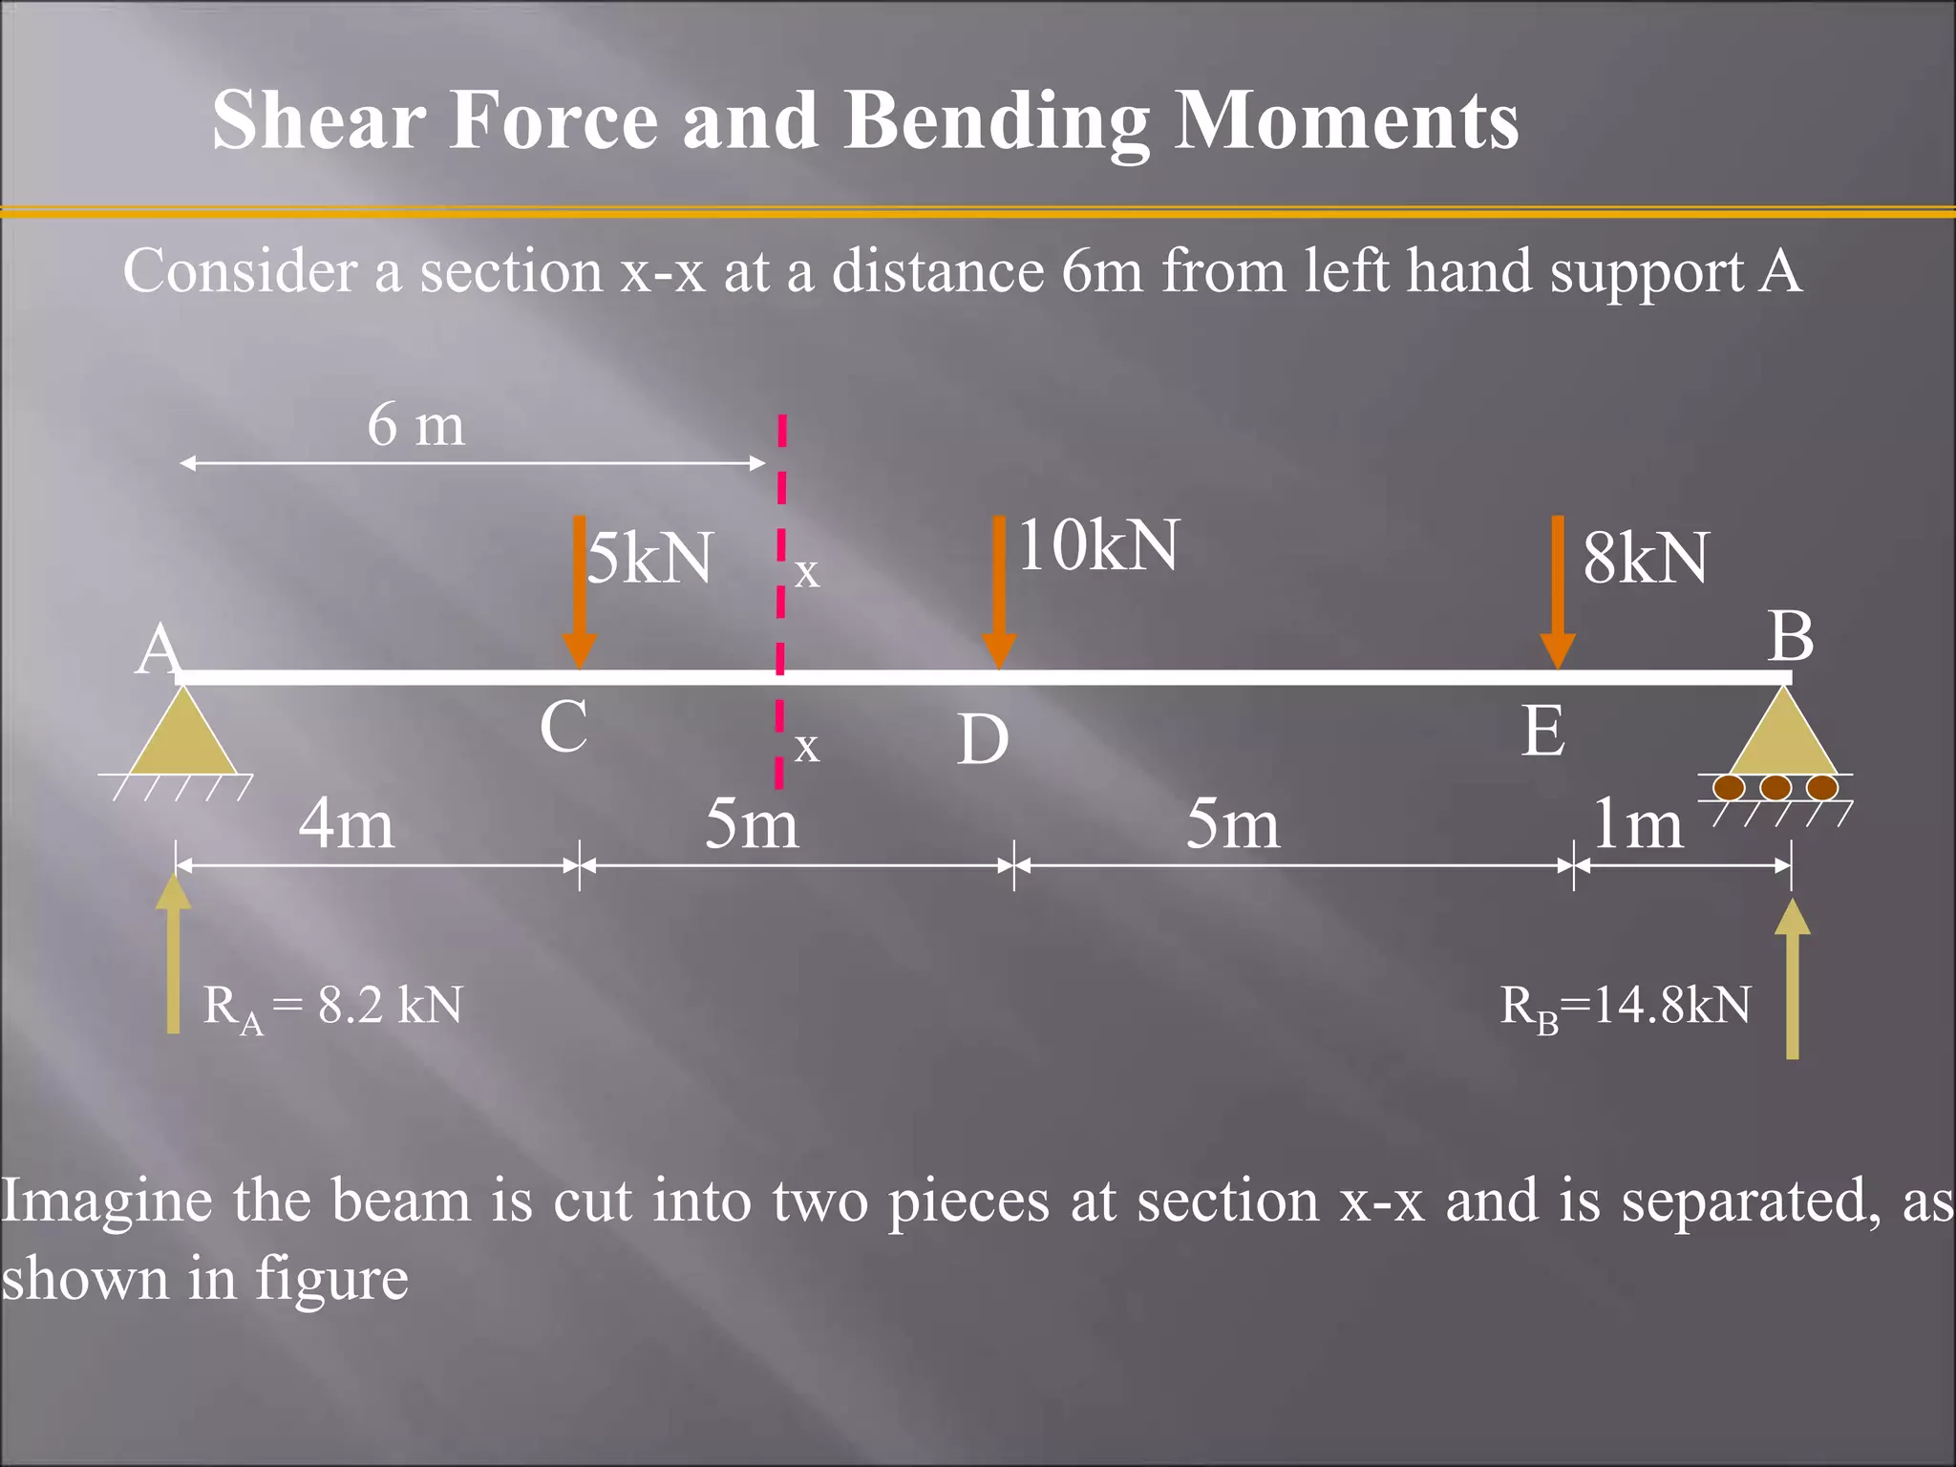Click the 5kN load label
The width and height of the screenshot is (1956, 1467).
tap(649, 558)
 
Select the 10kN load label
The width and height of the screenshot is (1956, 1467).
tap(1098, 545)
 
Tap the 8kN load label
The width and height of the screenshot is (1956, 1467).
tap(1646, 558)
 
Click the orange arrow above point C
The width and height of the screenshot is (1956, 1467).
tap(579, 592)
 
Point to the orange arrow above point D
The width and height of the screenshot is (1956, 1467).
tap(999, 592)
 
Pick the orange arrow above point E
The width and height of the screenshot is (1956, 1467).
tap(1558, 592)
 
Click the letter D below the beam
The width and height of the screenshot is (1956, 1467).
tap(983, 740)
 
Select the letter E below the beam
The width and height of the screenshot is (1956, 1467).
tap(1543, 732)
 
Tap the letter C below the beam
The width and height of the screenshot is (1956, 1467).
tap(563, 727)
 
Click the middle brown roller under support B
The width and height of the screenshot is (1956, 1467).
tap(1775, 788)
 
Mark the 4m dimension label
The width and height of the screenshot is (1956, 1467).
tap(346, 823)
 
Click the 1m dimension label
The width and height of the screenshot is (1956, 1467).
tap(1637, 823)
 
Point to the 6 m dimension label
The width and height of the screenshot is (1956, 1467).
tap(416, 424)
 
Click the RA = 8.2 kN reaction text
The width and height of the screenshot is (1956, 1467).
tap(332, 1007)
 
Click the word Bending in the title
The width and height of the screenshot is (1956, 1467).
tap(997, 121)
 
